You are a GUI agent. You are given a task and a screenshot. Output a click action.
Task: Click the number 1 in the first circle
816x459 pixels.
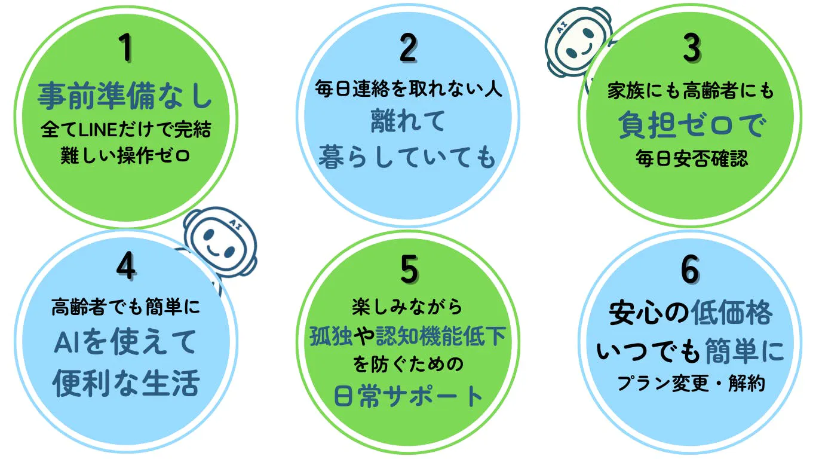click(126, 48)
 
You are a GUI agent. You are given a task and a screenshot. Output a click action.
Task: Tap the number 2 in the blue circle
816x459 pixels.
click(408, 48)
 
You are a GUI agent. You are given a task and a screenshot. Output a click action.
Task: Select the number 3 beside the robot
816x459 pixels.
click(691, 48)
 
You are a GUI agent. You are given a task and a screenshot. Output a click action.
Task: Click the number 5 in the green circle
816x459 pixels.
click(409, 269)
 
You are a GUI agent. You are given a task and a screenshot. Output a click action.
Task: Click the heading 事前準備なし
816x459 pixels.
click(125, 96)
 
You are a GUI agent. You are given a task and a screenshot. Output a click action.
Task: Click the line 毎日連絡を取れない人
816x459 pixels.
click(409, 90)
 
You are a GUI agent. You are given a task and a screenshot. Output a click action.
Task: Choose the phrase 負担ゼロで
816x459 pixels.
click(691, 126)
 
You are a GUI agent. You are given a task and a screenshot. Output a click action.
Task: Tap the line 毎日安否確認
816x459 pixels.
click(691, 160)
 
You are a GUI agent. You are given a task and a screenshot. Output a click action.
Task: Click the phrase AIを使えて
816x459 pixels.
click(125, 342)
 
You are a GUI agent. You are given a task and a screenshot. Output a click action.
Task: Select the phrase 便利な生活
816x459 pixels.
click(125, 383)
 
